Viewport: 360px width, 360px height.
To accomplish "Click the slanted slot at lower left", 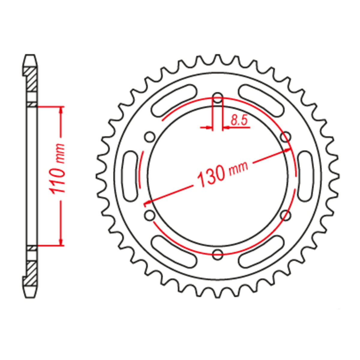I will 175,251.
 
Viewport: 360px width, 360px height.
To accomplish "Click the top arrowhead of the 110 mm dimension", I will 61,110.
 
